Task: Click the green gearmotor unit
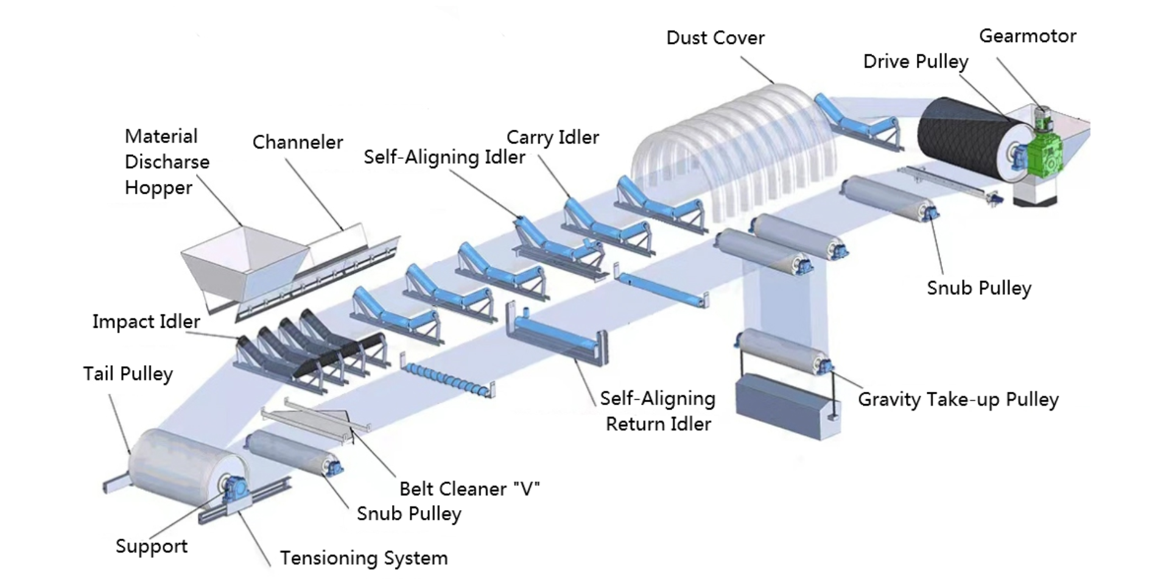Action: tap(1046, 152)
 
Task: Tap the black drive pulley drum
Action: tap(962, 137)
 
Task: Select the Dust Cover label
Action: tap(715, 38)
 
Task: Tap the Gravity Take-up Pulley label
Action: tap(958, 400)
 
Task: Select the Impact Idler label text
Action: tap(146, 322)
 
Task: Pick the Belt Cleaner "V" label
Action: tap(469, 489)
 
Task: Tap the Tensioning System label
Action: tap(363, 558)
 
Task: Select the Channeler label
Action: tap(298, 143)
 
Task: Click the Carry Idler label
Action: tap(553, 138)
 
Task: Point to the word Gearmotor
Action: tap(1028, 36)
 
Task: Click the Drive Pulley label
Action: tap(916, 62)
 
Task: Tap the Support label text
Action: tap(152, 547)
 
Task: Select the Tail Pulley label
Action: tap(128, 374)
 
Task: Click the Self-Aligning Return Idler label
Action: tap(658, 411)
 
